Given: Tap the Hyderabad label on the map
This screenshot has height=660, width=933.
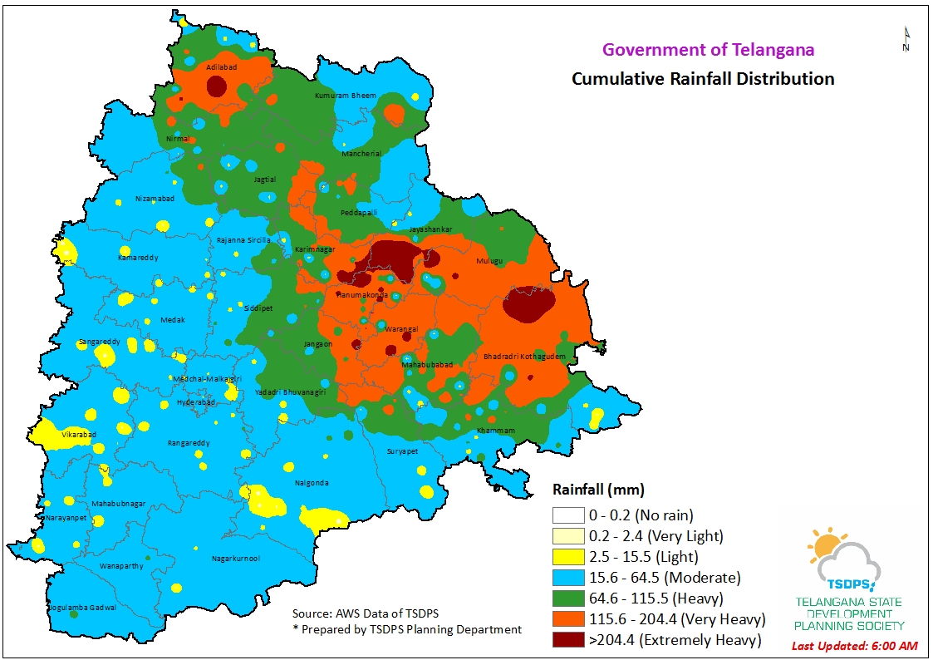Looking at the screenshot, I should pyautogui.click(x=196, y=402).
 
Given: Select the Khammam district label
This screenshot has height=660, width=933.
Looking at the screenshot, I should pyautogui.click(x=495, y=431).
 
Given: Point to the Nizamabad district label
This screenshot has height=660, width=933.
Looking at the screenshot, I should pyautogui.click(x=155, y=199).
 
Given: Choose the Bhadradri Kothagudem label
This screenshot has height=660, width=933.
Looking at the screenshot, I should pyautogui.click(x=524, y=357).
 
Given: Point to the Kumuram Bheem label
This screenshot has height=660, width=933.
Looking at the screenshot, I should pyautogui.click(x=346, y=96).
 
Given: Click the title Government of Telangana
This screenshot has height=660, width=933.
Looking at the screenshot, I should pyautogui.click(x=708, y=50).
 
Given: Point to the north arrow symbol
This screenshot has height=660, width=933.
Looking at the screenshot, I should pyautogui.click(x=906, y=40).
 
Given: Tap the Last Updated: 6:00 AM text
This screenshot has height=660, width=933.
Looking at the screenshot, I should pyautogui.click(x=854, y=646).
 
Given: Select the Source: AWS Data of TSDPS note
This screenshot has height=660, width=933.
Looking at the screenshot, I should pyautogui.click(x=366, y=613).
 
